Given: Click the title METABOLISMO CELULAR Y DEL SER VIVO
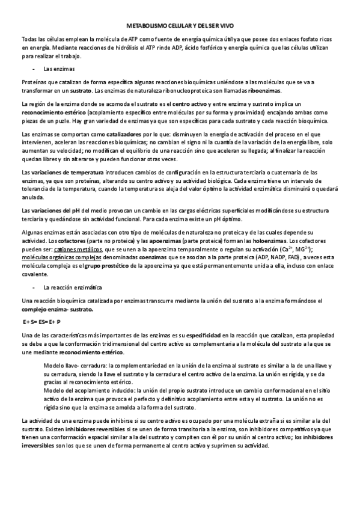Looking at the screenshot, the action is click(x=180, y=26).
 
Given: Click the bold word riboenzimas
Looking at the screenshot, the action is click(x=264, y=90).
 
